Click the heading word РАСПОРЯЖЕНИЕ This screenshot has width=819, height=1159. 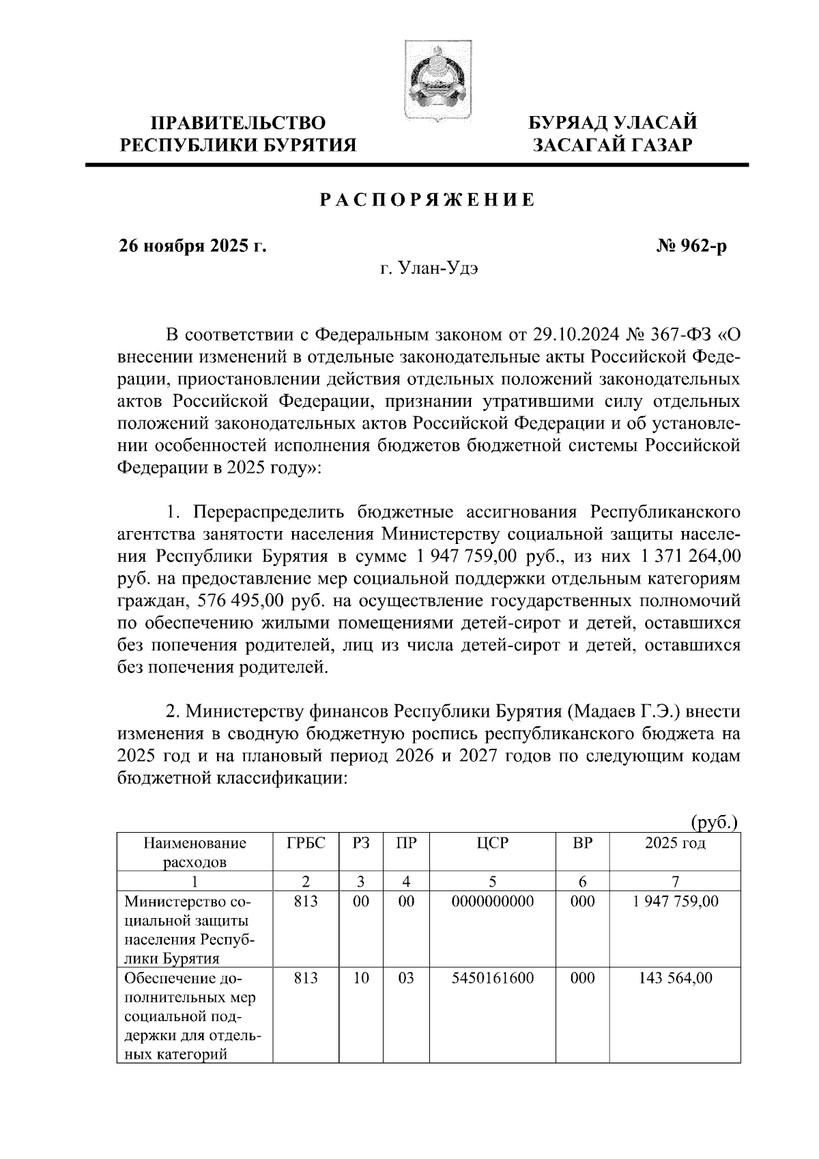[427, 201]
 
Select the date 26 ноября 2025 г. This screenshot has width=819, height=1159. [193, 246]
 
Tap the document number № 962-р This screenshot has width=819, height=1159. [691, 246]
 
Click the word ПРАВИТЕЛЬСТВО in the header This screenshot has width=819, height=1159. [238, 124]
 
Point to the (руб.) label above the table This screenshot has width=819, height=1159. [715, 823]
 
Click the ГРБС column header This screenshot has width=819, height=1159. [306, 844]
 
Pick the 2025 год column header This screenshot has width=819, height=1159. [675, 844]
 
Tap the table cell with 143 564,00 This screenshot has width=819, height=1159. [675, 978]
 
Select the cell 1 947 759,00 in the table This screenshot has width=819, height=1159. [675, 902]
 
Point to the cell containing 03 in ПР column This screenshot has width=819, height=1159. [406, 978]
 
